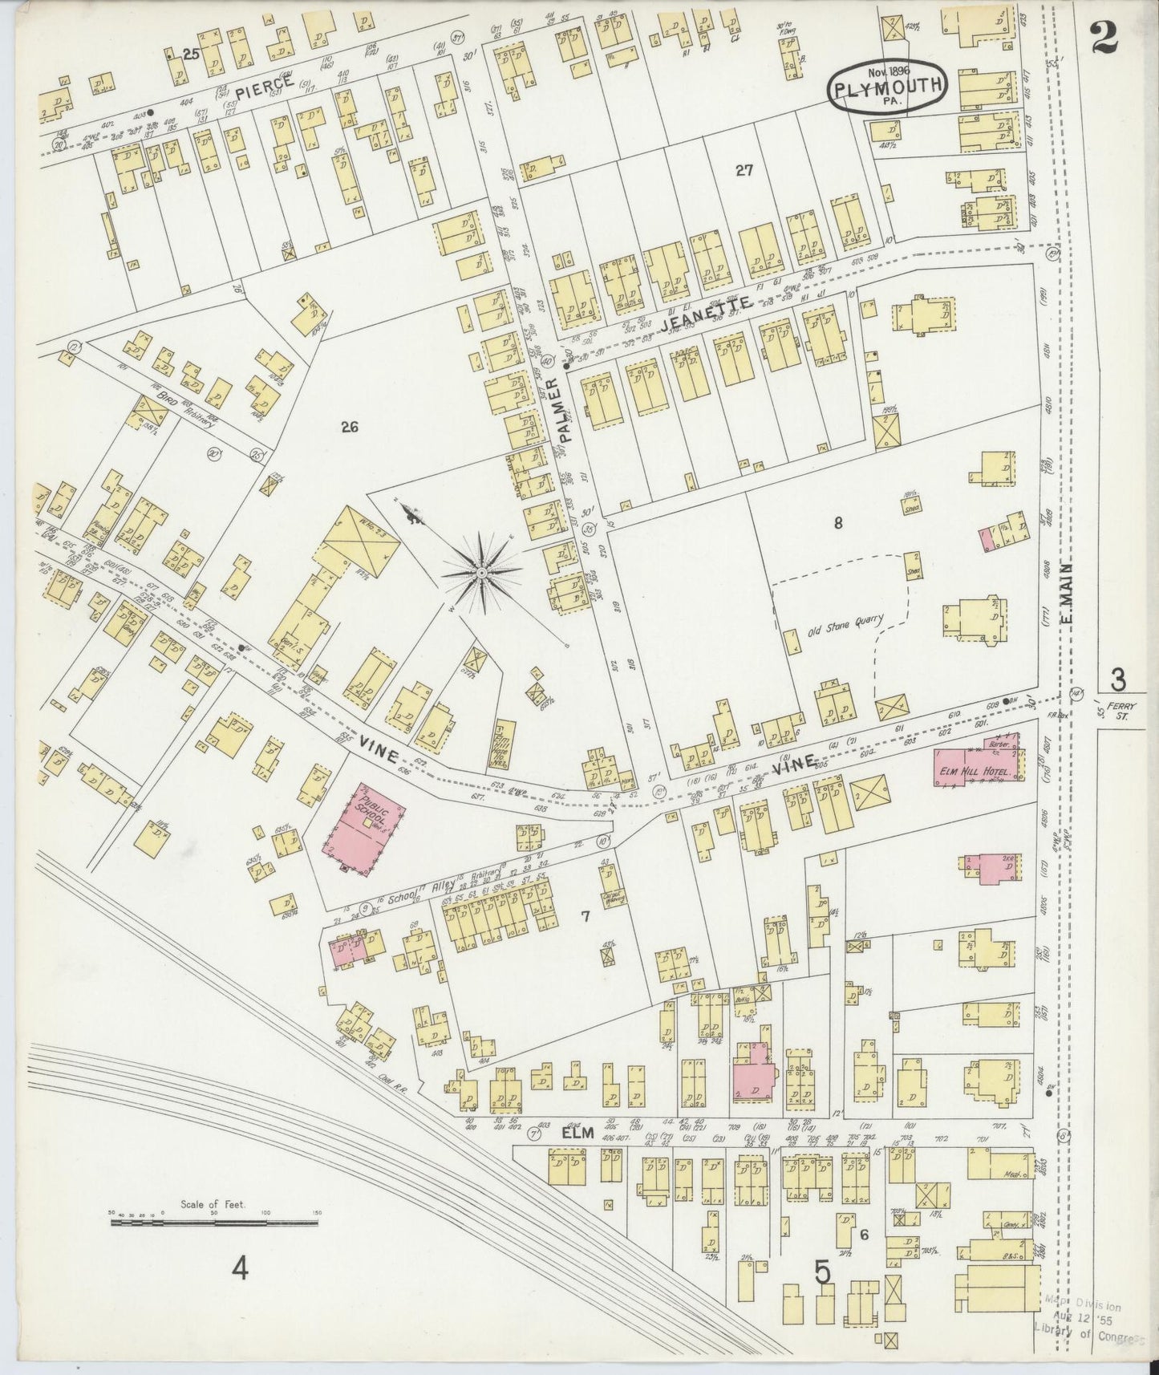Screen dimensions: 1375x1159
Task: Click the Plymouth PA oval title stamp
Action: click(x=888, y=87)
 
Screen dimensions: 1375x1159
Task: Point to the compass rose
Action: click(x=480, y=573)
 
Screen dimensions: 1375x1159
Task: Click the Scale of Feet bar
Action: click(x=214, y=1223)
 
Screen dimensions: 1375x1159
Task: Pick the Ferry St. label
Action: click(x=1116, y=711)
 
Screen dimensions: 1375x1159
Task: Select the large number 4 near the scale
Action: click(x=239, y=1269)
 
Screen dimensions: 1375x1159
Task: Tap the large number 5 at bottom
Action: click(x=822, y=1273)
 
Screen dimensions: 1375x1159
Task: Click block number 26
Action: click(x=348, y=427)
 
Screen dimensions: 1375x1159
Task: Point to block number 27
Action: click(x=744, y=169)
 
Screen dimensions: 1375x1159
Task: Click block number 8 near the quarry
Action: click(x=837, y=523)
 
